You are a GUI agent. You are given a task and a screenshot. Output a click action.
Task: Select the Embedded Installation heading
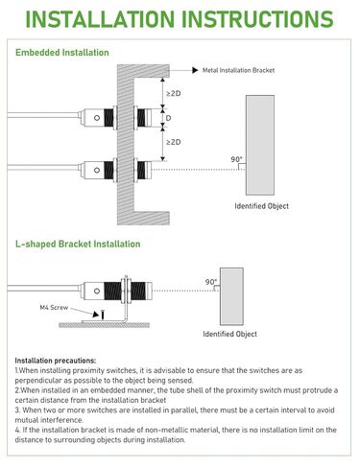tap(62, 53)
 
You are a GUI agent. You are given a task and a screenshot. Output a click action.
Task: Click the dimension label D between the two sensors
tap(169, 120)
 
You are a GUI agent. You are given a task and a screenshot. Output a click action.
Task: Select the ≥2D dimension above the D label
tap(172, 94)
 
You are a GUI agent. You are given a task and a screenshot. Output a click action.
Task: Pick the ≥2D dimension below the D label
tap(172, 143)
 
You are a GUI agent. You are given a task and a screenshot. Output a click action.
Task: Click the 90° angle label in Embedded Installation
tap(236, 159)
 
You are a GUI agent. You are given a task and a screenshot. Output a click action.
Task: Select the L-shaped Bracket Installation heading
tap(78, 245)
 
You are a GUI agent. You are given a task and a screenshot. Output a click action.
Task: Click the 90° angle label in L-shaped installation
tap(210, 282)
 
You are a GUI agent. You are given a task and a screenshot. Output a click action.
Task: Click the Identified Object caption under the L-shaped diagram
tap(229, 334)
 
